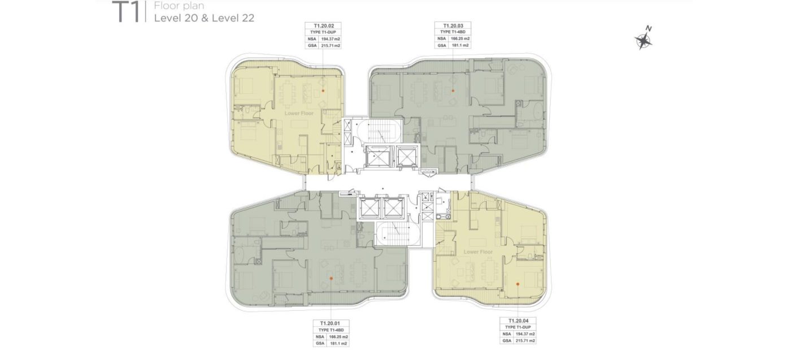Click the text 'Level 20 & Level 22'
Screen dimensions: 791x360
tap(204, 18)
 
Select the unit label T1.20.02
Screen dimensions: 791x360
tap(323, 26)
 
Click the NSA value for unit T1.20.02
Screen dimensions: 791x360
tap(331, 39)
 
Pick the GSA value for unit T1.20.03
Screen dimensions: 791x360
tap(460, 45)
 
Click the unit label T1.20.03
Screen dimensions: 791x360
tap(453, 26)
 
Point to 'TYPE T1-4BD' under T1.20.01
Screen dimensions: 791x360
tap(331, 330)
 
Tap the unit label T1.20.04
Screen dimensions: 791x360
tap(518, 321)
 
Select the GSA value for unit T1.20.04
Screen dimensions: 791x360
tap(525, 341)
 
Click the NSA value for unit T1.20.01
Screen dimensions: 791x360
tap(338, 337)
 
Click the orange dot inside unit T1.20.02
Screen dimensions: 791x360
tap(323, 91)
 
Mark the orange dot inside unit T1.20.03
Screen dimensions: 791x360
tap(453, 91)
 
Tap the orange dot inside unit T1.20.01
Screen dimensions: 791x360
tap(331, 279)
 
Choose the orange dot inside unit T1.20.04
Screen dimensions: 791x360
tap(518, 284)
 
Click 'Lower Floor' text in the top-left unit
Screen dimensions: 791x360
tap(299, 114)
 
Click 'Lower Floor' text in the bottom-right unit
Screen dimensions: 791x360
tap(478, 252)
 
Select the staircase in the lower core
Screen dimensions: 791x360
tap(398, 233)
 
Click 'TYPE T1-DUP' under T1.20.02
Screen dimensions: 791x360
tap(323, 32)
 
